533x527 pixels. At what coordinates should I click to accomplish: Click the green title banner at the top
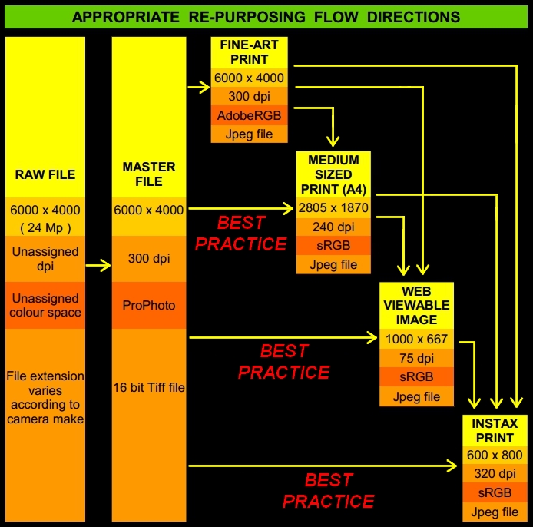(x=266, y=16)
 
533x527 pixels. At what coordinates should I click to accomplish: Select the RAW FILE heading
(x=45, y=174)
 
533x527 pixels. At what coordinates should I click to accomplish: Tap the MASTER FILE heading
(x=149, y=174)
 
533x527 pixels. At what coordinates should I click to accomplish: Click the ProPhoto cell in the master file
(x=149, y=305)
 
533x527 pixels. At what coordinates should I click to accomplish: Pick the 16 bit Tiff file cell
(x=149, y=388)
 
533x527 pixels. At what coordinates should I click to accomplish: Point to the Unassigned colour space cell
(x=45, y=305)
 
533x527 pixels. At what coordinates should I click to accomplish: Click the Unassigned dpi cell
(x=45, y=258)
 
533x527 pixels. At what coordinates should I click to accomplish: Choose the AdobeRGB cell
(x=249, y=116)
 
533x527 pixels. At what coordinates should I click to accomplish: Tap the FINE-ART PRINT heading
(x=249, y=52)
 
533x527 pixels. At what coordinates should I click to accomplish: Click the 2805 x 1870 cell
(x=333, y=207)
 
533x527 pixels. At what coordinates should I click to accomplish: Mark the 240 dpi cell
(x=333, y=227)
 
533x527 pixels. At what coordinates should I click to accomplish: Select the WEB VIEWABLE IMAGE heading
(x=416, y=306)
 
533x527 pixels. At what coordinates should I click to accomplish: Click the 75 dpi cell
(x=416, y=359)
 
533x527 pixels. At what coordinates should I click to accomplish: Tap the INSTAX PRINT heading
(x=495, y=430)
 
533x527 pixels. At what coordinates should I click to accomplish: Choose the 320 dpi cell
(x=495, y=474)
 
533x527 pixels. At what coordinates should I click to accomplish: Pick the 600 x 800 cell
(x=495, y=455)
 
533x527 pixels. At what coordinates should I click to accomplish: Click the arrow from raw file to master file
(x=98, y=267)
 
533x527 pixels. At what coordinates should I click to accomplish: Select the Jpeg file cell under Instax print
(x=495, y=512)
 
